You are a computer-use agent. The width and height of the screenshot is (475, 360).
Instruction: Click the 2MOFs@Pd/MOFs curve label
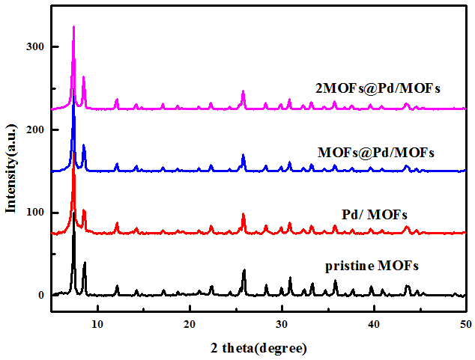pos(378,88)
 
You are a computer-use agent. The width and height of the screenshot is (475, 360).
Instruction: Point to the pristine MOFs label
pos(372,266)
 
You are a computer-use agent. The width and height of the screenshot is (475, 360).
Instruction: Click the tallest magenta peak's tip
pos(73,26)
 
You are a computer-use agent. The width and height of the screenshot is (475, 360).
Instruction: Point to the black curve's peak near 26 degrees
pos(244,269)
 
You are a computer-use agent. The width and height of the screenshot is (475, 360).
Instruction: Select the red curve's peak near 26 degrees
pos(243,214)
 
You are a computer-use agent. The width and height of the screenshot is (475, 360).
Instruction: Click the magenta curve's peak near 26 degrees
pos(243,91)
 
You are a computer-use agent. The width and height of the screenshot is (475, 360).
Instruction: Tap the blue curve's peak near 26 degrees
pos(243,155)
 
